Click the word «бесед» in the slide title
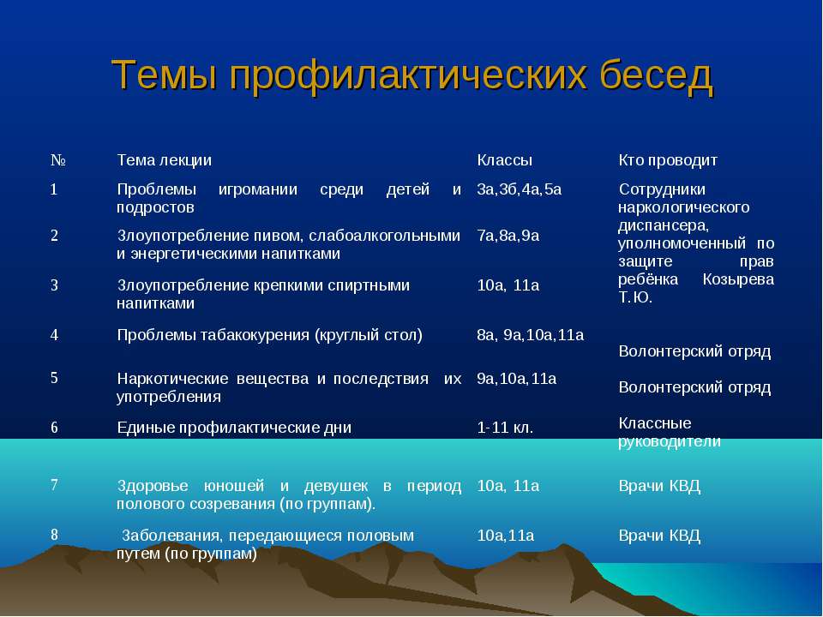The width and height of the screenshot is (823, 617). (x=656, y=75)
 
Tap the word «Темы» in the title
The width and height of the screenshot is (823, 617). (x=165, y=75)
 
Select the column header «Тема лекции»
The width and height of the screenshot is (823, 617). (x=164, y=160)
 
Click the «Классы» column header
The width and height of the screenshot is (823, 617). (x=504, y=160)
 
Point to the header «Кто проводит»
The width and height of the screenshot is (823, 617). (x=668, y=160)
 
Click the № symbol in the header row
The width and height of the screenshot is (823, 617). (x=57, y=160)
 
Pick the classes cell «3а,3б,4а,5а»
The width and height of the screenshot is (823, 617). (x=520, y=189)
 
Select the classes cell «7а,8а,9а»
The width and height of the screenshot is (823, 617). (x=508, y=236)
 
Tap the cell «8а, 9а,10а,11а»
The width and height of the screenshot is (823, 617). (x=530, y=335)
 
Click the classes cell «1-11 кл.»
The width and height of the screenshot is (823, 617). (x=505, y=428)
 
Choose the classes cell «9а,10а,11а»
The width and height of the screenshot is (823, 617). (x=516, y=378)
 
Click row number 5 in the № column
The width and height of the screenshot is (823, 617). (x=54, y=378)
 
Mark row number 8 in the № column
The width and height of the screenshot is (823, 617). (x=54, y=535)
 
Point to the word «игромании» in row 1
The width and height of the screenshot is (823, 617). (x=258, y=189)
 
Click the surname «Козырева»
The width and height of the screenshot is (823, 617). (x=738, y=279)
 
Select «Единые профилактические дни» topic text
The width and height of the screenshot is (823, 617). (x=234, y=428)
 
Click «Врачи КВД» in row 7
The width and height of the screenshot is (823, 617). (x=659, y=486)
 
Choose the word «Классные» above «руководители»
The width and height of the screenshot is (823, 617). (x=654, y=422)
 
